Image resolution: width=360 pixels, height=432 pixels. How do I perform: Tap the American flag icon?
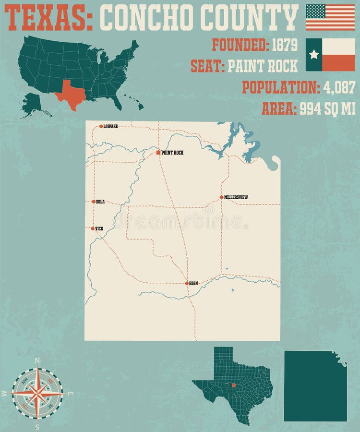coord(330,17)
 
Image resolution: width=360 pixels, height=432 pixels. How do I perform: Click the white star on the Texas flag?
coord(314,55)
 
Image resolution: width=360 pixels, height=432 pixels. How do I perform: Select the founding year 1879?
coord(285,45)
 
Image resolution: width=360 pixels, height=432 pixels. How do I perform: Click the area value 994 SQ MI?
coord(327,109)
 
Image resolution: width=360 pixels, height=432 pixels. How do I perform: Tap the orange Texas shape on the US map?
coord(70,94)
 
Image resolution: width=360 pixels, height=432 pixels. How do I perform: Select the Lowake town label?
coord(110,127)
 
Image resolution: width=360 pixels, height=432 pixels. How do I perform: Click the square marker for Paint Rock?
coord(158,153)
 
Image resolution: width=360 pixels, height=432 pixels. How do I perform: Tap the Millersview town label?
coord(236,197)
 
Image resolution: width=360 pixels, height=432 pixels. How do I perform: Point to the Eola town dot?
coord(94,202)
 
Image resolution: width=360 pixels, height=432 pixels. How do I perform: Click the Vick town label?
coord(99,229)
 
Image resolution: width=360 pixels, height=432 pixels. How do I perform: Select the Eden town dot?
coord(187,283)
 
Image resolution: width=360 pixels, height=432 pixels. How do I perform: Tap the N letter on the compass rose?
coord(37,360)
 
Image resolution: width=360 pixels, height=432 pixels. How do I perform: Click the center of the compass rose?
coord(37,393)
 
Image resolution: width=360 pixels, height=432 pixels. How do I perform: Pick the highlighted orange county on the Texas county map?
coord(233,384)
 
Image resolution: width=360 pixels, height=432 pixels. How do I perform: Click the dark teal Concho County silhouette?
coord(314,386)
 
